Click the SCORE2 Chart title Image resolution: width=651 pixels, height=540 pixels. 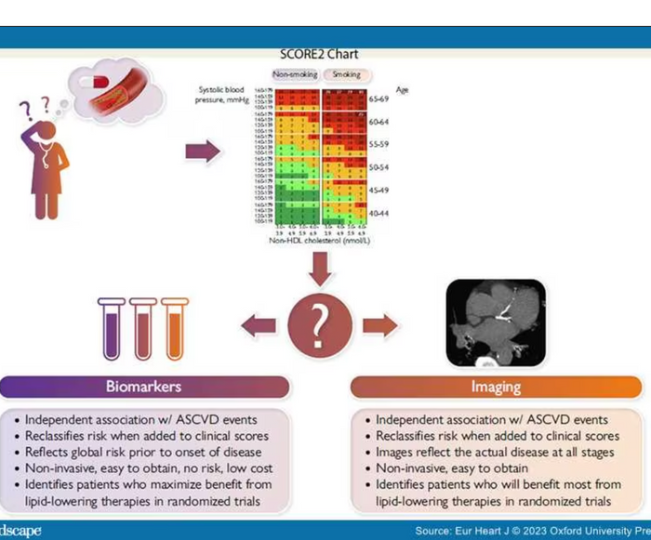pyautogui.click(x=319, y=54)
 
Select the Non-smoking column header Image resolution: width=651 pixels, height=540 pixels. pyautogui.click(x=295, y=74)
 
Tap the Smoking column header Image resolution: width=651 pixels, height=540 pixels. pyautogui.click(x=346, y=74)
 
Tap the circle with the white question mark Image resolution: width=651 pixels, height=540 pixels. pyautogui.click(x=319, y=324)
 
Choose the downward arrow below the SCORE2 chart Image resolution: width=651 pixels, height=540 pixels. pyautogui.click(x=319, y=270)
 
